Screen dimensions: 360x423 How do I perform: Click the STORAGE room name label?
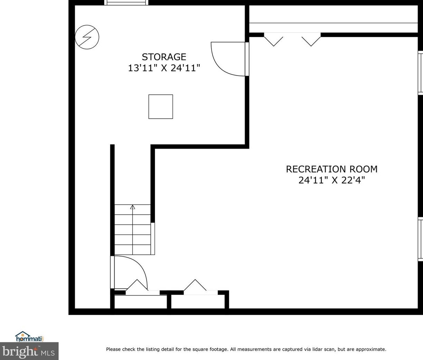click(164, 57)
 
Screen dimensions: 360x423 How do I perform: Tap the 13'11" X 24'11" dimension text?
click(164, 68)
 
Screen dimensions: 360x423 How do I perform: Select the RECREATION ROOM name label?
click(332, 169)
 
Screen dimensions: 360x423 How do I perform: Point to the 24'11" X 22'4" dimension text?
click(332, 180)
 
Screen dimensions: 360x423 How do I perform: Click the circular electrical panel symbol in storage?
click(87, 37)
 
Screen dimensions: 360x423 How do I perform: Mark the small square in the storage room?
click(160, 107)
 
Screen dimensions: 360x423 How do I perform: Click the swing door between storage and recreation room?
click(228, 59)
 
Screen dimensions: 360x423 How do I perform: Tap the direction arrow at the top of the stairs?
click(132, 207)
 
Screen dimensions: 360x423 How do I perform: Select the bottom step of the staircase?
click(132, 250)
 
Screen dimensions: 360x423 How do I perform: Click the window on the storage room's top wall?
click(126, 2)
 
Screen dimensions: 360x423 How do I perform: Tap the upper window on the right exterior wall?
click(420, 72)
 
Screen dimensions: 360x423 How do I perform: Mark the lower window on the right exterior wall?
click(420, 239)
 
